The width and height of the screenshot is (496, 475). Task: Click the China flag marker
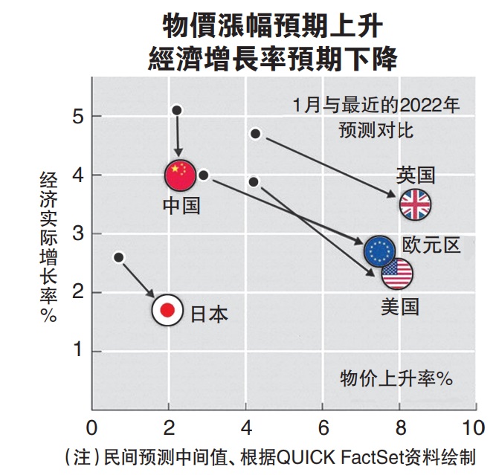click(180, 175)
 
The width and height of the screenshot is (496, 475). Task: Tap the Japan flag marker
click(167, 310)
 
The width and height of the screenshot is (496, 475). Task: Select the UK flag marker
click(415, 205)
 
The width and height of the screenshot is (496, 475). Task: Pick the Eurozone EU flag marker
click(380, 251)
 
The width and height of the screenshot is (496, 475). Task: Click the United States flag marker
click(397, 274)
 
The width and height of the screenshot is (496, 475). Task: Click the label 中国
click(181, 205)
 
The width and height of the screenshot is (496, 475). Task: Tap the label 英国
click(415, 175)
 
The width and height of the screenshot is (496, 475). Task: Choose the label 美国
click(399, 306)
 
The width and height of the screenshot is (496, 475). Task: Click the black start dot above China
click(177, 110)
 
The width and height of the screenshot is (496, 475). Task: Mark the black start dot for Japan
click(119, 257)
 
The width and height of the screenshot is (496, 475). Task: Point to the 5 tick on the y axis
click(77, 116)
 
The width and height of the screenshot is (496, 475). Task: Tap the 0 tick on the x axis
click(91, 428)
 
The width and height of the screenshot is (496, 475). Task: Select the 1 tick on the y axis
click(77, 351)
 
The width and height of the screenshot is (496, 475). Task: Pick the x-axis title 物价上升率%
click(396, 377)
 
